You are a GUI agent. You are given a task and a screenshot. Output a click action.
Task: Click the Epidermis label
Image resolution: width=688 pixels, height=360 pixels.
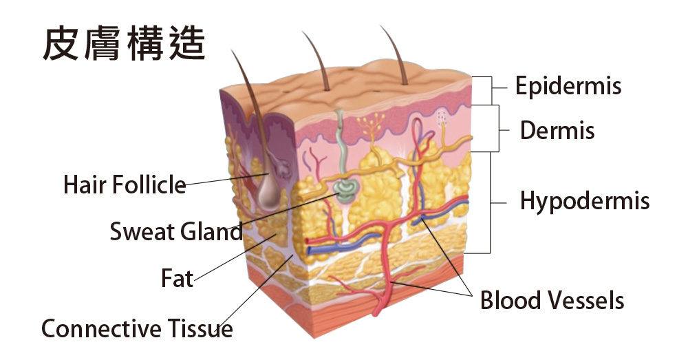568,85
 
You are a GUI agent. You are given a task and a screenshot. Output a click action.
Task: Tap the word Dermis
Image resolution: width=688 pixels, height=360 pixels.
557,130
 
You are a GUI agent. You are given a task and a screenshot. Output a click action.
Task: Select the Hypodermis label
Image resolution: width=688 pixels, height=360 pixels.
584,201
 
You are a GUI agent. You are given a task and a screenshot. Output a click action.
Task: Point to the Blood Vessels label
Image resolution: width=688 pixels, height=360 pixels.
552,300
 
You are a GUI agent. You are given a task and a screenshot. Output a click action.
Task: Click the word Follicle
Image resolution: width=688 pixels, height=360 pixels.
149,184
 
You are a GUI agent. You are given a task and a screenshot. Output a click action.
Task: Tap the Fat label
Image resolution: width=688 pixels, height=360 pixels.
178,278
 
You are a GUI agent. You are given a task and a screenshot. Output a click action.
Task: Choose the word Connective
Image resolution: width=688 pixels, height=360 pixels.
101,328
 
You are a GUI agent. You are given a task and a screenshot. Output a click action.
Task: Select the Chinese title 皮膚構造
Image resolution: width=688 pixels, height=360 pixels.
124,43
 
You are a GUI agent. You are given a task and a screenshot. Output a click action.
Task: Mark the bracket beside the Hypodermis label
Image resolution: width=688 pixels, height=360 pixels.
490,202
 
